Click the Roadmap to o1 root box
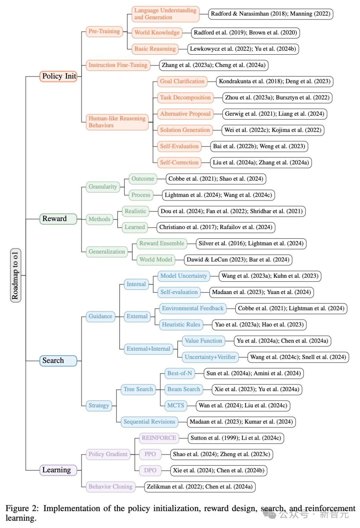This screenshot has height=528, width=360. point(15,275)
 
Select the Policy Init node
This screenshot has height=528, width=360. point(59,76)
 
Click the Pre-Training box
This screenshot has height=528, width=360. point(104,31)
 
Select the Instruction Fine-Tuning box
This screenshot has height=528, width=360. point(118,65)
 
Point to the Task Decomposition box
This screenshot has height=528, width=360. point(185,98)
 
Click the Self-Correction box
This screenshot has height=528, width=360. point(179,163)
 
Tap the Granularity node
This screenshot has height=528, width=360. point(103,187)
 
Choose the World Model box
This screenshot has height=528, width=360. point(156,260)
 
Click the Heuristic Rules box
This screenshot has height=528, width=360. point(181,325)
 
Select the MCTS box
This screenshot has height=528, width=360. point(176,406)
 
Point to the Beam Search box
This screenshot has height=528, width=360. point(184,389)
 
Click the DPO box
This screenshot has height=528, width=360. point(150,470)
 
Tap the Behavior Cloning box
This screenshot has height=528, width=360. point(110,487)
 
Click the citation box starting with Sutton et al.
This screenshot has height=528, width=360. point(236,438)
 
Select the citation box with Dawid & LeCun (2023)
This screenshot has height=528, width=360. point(238,260)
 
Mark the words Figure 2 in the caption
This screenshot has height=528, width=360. point(22,509)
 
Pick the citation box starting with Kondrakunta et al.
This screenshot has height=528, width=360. point(274,81)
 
